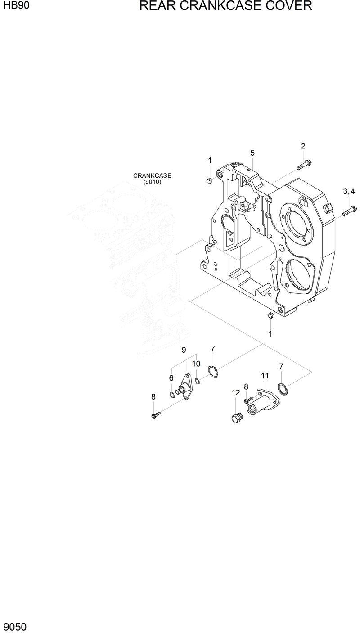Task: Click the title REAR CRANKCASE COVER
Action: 225,6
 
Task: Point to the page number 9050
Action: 15,626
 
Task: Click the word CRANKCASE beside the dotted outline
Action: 152,175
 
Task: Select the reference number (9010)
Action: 152,182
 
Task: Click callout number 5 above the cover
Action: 252,153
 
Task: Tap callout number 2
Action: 303,146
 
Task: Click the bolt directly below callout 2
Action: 305,164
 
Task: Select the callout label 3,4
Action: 349,192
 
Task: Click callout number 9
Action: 184,350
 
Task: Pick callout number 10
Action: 197,364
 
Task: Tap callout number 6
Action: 171,378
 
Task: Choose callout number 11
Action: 265,375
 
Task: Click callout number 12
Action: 236,392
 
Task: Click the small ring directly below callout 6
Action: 173,395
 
